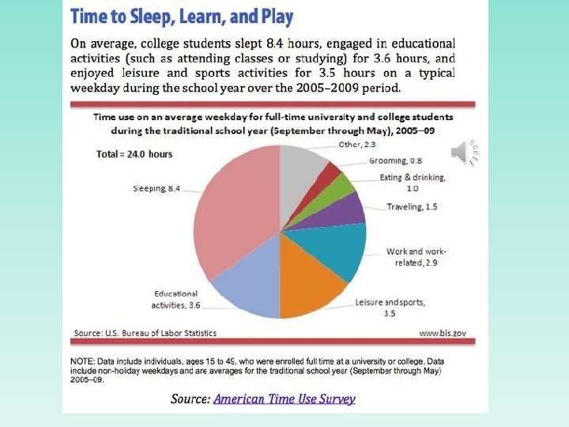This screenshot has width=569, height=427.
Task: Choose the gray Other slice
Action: tap(304, 165)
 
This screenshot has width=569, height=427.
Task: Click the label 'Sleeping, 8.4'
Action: tap(157, 188)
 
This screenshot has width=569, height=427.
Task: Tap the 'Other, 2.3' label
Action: tap(356, 145)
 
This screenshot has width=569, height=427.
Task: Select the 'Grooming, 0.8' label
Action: tap(396, 161)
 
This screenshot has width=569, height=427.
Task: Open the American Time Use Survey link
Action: tap(284, 399)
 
